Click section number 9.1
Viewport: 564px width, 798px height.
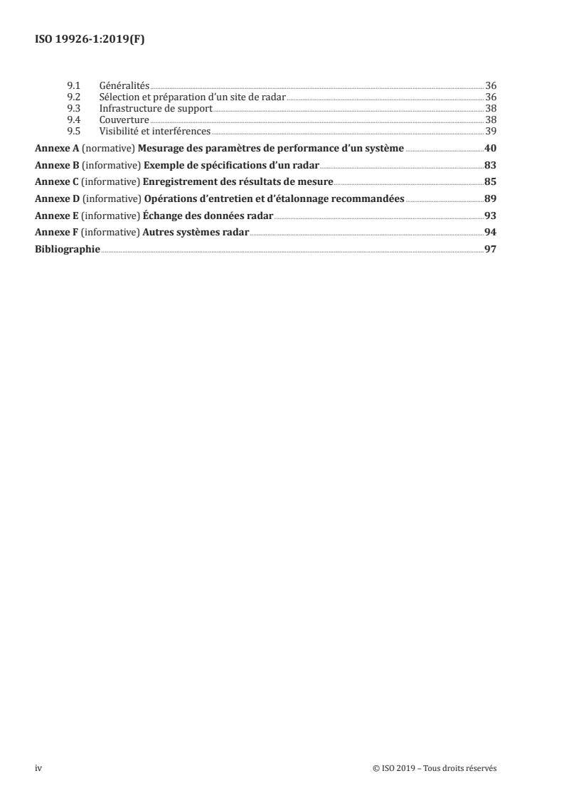point(72,85)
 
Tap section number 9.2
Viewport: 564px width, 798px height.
point(72,97)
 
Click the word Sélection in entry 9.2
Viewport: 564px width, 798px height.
point(118,97)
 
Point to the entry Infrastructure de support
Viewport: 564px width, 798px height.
point(156,108)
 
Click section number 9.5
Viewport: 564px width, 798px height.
point(72,131)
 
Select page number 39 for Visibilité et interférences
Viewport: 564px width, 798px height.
point(490,131)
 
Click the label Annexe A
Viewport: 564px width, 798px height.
point(56,149)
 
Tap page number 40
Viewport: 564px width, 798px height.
point(489,149)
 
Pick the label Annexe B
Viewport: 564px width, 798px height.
point(56,165)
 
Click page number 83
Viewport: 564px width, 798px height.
point(489,165)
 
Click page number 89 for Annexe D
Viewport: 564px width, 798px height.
point(489,198)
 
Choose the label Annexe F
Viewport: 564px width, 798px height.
point(56,233)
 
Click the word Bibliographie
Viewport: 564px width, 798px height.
point(68,250)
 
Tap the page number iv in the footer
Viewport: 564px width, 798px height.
point(38,768)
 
